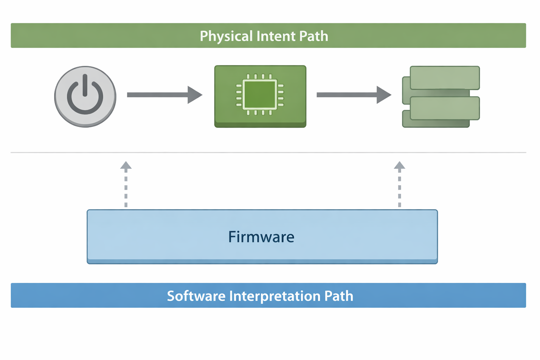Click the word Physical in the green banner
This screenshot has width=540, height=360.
click(226, 36)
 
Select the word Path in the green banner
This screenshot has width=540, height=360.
click(314, 36)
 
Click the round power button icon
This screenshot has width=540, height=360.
click(85, 96)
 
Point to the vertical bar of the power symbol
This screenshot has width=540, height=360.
click(85, 85)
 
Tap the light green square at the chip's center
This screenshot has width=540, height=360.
click(260, 95)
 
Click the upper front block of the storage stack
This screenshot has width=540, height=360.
click(445, 78)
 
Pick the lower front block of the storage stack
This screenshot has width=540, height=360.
click(445, 108)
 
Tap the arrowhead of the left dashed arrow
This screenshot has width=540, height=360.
click(126, 166)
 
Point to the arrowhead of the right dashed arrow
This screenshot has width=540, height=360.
click(399, 166)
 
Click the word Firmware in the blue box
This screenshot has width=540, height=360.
click(261, 237)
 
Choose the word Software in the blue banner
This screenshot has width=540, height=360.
click(196, 296)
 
